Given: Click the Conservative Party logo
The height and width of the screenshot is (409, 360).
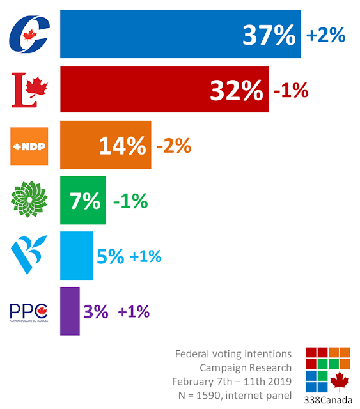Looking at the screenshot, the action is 29,34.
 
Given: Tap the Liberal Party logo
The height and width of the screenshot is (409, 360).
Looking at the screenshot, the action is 29,90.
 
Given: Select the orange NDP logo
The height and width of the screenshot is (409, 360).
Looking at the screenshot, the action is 29,146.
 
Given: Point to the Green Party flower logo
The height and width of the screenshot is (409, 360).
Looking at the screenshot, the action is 29,199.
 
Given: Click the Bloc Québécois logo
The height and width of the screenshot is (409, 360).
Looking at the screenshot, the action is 29,254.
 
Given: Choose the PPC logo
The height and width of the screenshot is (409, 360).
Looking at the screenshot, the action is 29,313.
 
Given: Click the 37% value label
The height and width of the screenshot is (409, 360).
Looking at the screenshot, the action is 269,35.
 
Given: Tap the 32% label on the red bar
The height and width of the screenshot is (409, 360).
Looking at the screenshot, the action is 237,90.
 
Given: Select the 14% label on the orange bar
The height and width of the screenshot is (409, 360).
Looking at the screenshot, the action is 122,146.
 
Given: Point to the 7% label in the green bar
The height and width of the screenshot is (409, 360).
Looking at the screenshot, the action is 85,201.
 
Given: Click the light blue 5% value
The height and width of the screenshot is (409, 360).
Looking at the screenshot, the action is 111,256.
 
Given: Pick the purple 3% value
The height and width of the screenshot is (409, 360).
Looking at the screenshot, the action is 96,311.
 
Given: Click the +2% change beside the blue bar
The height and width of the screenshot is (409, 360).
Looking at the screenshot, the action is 326,35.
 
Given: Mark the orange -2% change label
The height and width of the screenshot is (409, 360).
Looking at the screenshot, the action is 173,146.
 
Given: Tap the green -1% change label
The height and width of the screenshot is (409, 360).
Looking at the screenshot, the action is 130,201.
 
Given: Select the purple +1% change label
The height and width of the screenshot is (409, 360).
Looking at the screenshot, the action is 134,311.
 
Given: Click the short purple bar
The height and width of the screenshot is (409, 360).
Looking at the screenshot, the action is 70,311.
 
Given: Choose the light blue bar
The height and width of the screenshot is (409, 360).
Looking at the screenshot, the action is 76,256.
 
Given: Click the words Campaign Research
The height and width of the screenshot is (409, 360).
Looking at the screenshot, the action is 246,368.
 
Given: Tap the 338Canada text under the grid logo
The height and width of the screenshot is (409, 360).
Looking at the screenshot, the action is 328,400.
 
